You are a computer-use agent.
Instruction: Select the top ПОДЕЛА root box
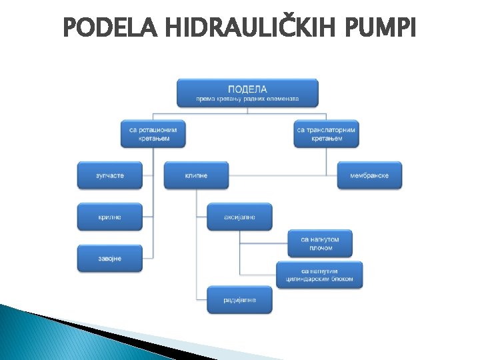pyautogui.click(x=247, y=93)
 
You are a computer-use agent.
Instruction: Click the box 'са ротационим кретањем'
pyautogui.click(x=153, y=134)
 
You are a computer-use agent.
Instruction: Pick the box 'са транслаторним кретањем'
pyautogui.click(x=326, y=134)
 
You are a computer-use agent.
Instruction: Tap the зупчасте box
pyautogui.click(x=110, y=175)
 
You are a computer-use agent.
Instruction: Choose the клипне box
pyautogui.click(x=196, y=175)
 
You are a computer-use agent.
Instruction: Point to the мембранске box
pyautogui.click(x=369, y=175)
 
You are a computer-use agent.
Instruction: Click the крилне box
pyautogui.click(x=110, y=217)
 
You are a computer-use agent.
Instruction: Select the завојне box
pyautogui.click(x=110, y=258)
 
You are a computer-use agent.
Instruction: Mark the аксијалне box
pyautogui.click(x=239, y=217)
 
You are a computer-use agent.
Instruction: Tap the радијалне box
pyautogui.click(x=239, y=300)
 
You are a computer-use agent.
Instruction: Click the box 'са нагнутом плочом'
pyautogui.click(x=321, y=243)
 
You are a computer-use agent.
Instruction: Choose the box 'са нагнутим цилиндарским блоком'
pyautogui.click(x=320, y=275)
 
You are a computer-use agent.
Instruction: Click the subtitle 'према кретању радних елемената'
pyautogui.click(x=247, y=99)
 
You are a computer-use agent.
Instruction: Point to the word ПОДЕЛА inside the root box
pyautogui.click(x=247, y=89)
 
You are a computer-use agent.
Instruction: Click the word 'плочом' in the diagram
pyautogui.click(x=321, y=248)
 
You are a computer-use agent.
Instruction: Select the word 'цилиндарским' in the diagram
pyautogui.click(x=313, y=279)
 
